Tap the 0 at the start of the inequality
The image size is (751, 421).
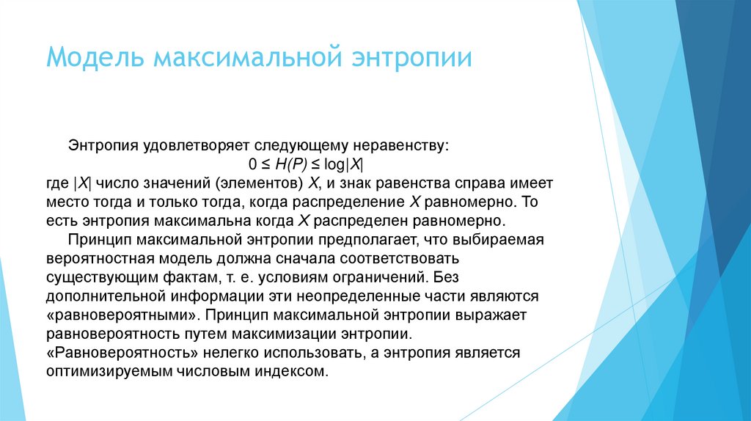point(252,164)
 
